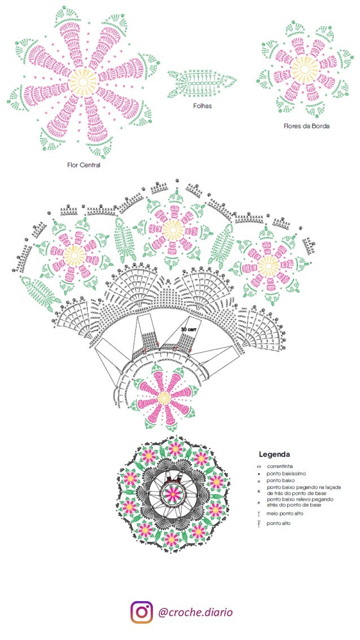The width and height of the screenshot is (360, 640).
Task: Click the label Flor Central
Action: pyautogui.click(x=84, y=165)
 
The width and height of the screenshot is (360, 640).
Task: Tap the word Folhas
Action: pyautogui.click(x=202, y=105)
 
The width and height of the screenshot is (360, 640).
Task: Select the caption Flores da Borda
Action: pyautogui.click(x=306, y=126)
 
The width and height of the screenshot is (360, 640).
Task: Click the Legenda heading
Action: pyautogui.click(x=274, y=454)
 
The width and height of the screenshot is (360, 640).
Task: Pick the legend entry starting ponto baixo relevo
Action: pyautogui.click(x=300, y=502)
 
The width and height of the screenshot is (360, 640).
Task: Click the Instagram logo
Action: pyautogui.click(x=142, y=612)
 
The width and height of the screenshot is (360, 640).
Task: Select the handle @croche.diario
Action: pyautogui.click(x=195, y=612)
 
